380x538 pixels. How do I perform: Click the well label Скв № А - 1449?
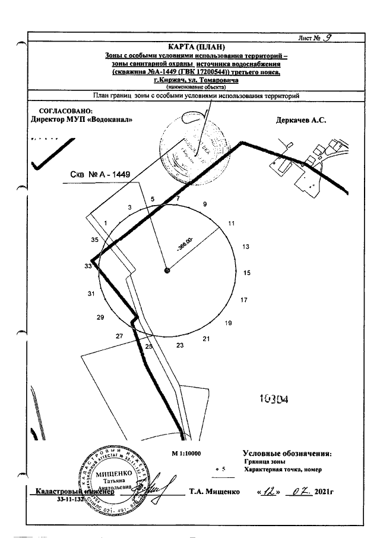click(x=100, y=175)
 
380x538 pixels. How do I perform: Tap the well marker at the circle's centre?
click(x=167, y=270)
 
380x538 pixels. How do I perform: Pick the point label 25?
click(x=149, y=346)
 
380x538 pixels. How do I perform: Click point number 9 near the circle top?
click(x=205, y=204)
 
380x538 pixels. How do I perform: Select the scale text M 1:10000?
click(x=186, y=454)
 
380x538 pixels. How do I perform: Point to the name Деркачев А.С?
click(x=302, y=119)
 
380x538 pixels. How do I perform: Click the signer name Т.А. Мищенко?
click(x=214, y=492)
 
